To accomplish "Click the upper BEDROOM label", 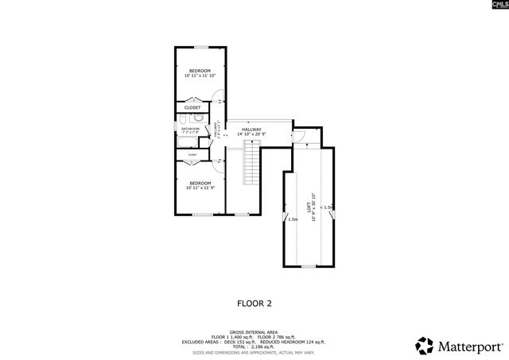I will coord(200,71).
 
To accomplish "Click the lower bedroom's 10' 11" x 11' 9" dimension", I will coord(200,188).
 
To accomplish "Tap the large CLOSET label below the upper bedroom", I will coord(192,107).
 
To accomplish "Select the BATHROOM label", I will coord(190,128).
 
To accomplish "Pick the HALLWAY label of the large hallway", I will coord(251,130).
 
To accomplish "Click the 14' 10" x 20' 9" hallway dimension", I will coord(251,135).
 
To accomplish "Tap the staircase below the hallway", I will coord(252,166).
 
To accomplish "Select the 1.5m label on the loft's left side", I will coord(293,219).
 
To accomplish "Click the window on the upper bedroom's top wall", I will coord(200,48).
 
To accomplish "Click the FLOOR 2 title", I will coord(254,303).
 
